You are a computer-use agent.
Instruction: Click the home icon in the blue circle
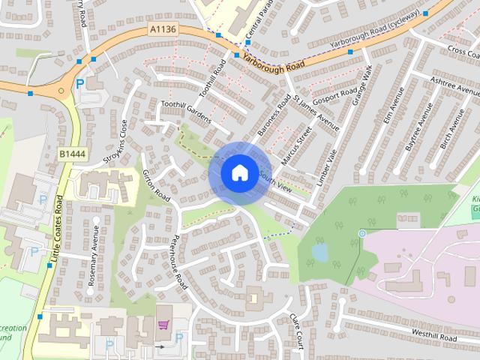pyautogui.click(x=239, y=172)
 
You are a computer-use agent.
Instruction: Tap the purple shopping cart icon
pyautogui.click(x=163, y=325)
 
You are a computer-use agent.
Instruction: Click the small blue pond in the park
pyautogui.click(x=320, y=253)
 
